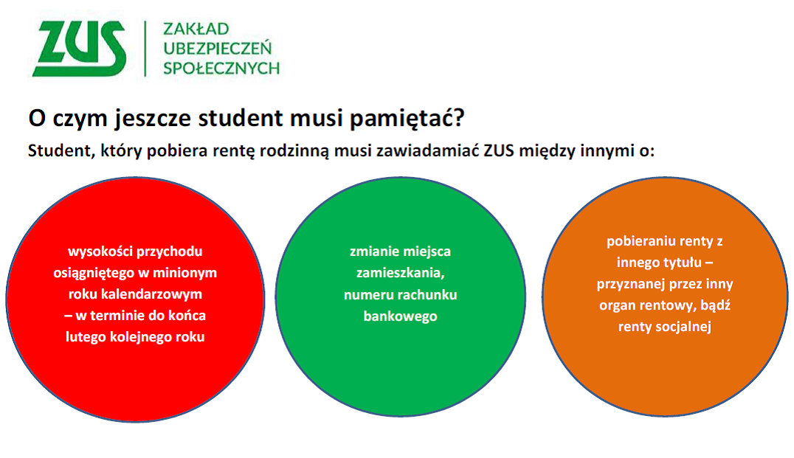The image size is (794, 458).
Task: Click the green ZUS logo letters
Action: pyautogui.click(x=79, y=49)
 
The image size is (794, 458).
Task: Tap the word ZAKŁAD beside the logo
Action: pyautogui.click(x=196, y=29)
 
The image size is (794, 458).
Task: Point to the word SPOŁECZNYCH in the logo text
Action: pyautogui.click(x=221, y=68)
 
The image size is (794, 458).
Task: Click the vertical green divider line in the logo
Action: pyautogui.click(x=145, y=49)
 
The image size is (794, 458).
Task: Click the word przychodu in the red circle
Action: pyautogui.click(x=170, y=252)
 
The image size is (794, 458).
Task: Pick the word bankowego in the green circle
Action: pyautogui.click(x=400, y=317)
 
